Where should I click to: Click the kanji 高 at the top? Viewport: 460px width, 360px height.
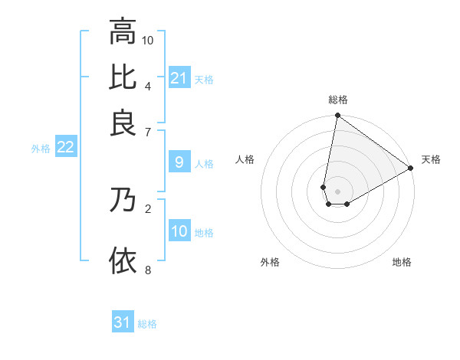(x=123, y=32)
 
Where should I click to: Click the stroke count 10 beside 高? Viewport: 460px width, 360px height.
(x=149, y=40)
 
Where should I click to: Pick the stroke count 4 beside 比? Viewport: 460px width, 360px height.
(x=147, y=85)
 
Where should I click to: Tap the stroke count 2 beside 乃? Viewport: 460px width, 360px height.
(x=147, y=208)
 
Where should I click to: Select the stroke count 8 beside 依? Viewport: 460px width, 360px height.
(x=147, y=269)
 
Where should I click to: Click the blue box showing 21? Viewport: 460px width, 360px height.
(x=179, y=78)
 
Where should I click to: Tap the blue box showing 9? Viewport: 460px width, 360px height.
(x=179, y=162)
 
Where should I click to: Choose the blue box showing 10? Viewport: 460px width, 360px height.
(x=179, y=231)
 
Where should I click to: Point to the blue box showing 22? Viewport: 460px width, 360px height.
(x=66, y=148)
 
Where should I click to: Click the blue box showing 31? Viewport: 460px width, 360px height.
(x=123, y=322)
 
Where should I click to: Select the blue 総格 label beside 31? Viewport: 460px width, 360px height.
(x=147, y=324)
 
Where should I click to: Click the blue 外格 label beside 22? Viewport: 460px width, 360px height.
(x=41, y=149)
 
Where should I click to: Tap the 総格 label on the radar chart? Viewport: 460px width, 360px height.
(x=338, y=100)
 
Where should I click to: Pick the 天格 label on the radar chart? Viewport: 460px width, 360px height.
(x=431, y=159)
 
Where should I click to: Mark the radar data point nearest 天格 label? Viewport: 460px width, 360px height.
(x=411, y=169)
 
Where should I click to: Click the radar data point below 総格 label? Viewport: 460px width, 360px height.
(x=337, y=116)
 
